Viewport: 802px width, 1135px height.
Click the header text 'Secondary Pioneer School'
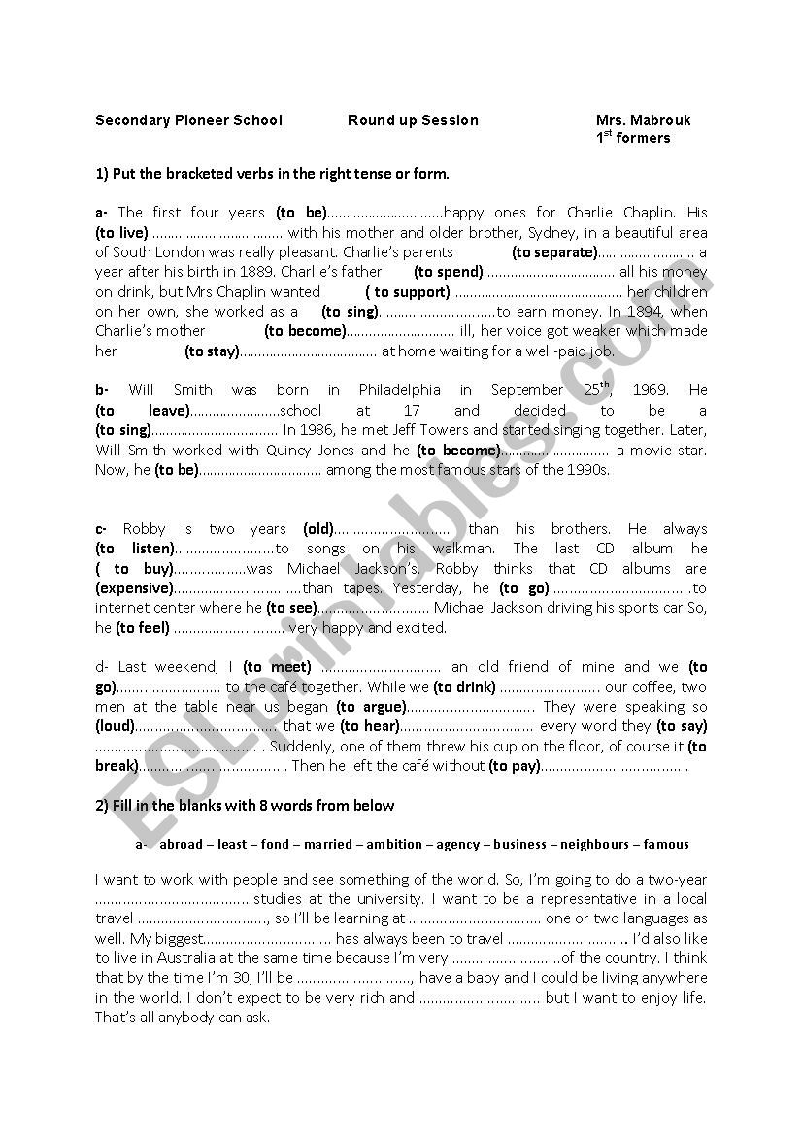click(x=188, y=120)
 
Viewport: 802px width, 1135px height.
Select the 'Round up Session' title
click(x=413, y=120)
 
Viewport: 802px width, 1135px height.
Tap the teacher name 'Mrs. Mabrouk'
click(x=644, y=120)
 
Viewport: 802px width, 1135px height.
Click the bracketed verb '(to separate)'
click(x=553, y=252)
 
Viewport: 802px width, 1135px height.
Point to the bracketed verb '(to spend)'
click(x=449, y=272)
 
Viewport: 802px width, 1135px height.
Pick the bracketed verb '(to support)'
click(x=408, y=291)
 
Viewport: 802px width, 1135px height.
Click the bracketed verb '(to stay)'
click(x=212, y=351)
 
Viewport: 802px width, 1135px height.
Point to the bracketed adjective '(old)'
click(x=318, y=529)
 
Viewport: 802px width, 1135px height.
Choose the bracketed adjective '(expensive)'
click(x=134, y=588)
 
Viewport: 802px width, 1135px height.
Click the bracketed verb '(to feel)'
click(x=143, y=628)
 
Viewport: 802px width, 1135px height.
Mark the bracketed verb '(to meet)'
click(x=277, y=667)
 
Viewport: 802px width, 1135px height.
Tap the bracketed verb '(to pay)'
click(x=514, y=766)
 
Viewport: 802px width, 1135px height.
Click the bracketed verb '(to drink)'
click(x=464, y=687)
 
